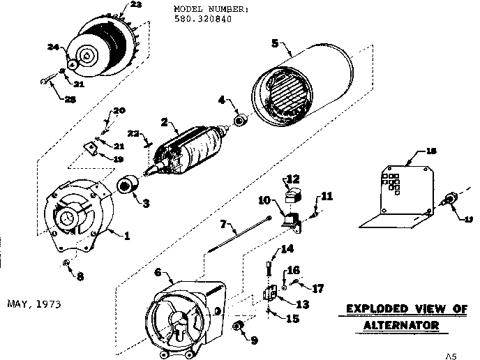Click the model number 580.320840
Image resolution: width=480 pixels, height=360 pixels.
click(202, 19)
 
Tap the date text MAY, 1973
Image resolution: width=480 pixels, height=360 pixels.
click(34, 304)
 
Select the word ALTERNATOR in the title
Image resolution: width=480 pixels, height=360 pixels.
click(402, 326)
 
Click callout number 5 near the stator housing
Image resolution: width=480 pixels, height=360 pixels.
click(275, 43)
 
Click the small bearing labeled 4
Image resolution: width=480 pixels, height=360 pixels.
click(239, 121)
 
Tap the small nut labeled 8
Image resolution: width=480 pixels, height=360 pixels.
click(65, 263)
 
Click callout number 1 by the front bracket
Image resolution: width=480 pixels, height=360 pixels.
click(127, 236)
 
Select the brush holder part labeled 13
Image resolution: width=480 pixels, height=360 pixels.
click(268, 294)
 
